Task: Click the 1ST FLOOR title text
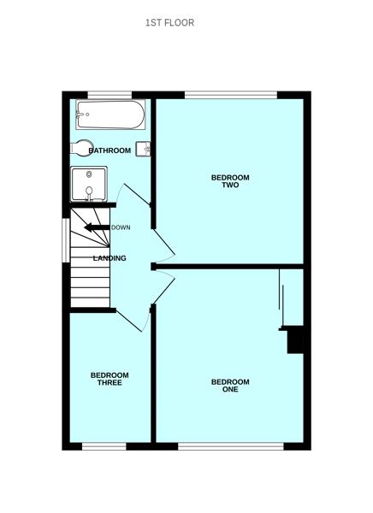[169, 23]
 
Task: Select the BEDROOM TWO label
[230, 181]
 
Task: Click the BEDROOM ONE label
[230, 386]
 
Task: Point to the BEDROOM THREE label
[110, 379]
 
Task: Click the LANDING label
[110, 258]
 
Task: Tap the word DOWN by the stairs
[121, 227]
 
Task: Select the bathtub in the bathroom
[110, 113]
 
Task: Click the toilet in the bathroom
[83, 149]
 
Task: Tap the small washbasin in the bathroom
[144, 149]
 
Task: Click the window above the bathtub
[109, 93]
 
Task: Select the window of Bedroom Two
[231, 93]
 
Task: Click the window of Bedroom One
[231, 445]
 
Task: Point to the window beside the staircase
[65, 241]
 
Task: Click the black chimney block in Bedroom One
[297, 339]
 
